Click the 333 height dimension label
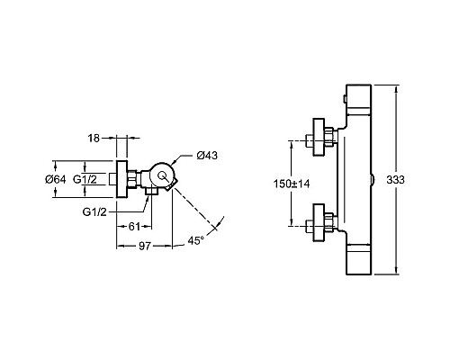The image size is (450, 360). [395, 180]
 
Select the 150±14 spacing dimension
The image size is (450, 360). [292, 184]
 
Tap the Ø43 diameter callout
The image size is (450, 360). [207, 156]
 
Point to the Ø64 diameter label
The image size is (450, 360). [56, 179]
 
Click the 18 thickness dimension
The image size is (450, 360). [94, 139]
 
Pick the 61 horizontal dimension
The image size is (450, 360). [134, 227]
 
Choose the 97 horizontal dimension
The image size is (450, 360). [145, 246]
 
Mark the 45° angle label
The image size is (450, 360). [196, 240]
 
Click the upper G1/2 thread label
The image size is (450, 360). [85, 179]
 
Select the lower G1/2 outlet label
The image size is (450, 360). [94, 212]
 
